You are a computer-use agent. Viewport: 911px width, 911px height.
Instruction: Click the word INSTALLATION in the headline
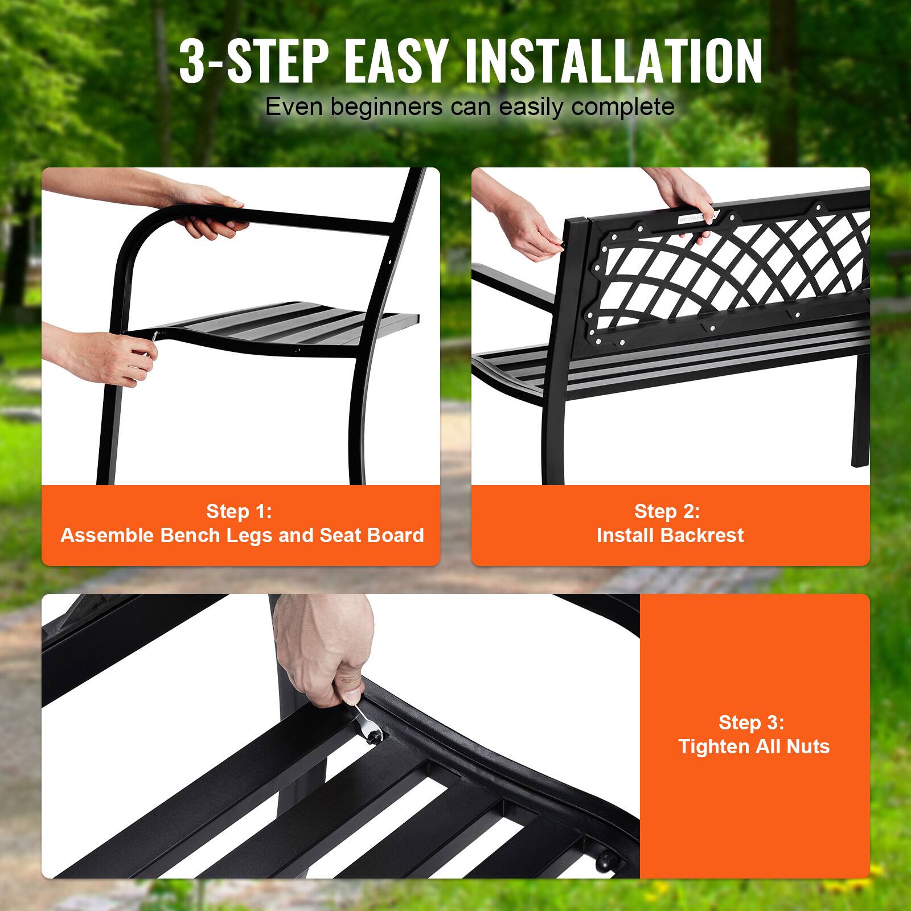click(x=614, y=61)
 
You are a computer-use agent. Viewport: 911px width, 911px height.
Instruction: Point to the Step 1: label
click(x=239, y=511)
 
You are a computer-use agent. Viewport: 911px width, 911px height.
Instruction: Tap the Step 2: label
click(x=667, y=511)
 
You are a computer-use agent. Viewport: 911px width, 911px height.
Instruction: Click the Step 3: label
click(x=751, y=723)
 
